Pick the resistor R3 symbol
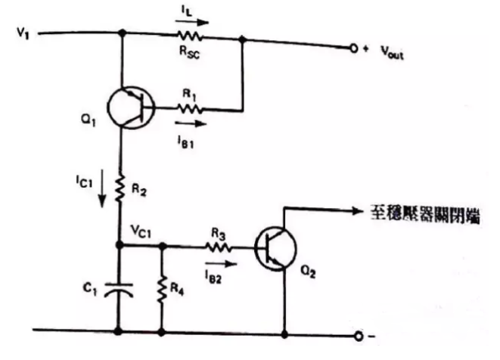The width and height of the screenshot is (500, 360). coord(219,245)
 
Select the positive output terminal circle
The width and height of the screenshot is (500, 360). coord(353,48)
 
